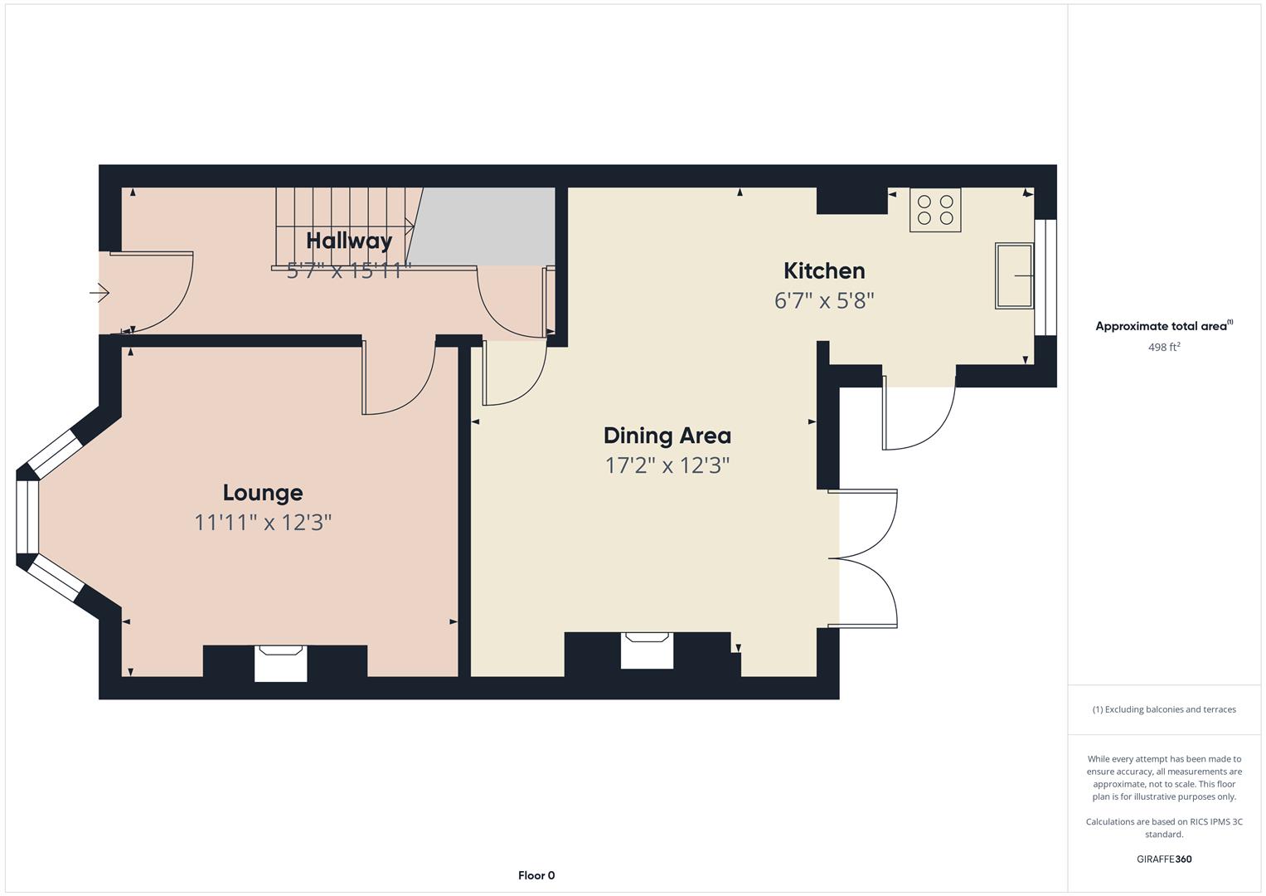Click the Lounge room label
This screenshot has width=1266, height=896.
click(263, 493)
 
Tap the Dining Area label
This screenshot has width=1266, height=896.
click(667, 436)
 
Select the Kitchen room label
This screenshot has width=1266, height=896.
click(824, 270)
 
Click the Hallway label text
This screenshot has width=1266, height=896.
click(349, 241)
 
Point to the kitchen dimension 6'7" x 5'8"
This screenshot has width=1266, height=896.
click(824, 300)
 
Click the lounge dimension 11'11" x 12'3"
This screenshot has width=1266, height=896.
click(263, 523)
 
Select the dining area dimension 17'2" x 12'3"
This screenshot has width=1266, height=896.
click(667, 465)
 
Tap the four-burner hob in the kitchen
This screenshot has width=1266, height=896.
click(935, 210)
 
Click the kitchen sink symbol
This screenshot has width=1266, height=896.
click(1014, 275)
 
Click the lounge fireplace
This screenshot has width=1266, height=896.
click(280, 663)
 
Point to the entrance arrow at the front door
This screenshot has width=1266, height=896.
click(99, 293)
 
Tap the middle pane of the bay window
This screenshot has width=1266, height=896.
click(27, 516)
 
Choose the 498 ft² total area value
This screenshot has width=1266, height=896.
click(1163, 348)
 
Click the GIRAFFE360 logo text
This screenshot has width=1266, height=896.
click(1163, 859)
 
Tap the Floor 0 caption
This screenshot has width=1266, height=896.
click(536, 875)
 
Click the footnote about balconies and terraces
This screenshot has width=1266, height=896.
click(1163, 709)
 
